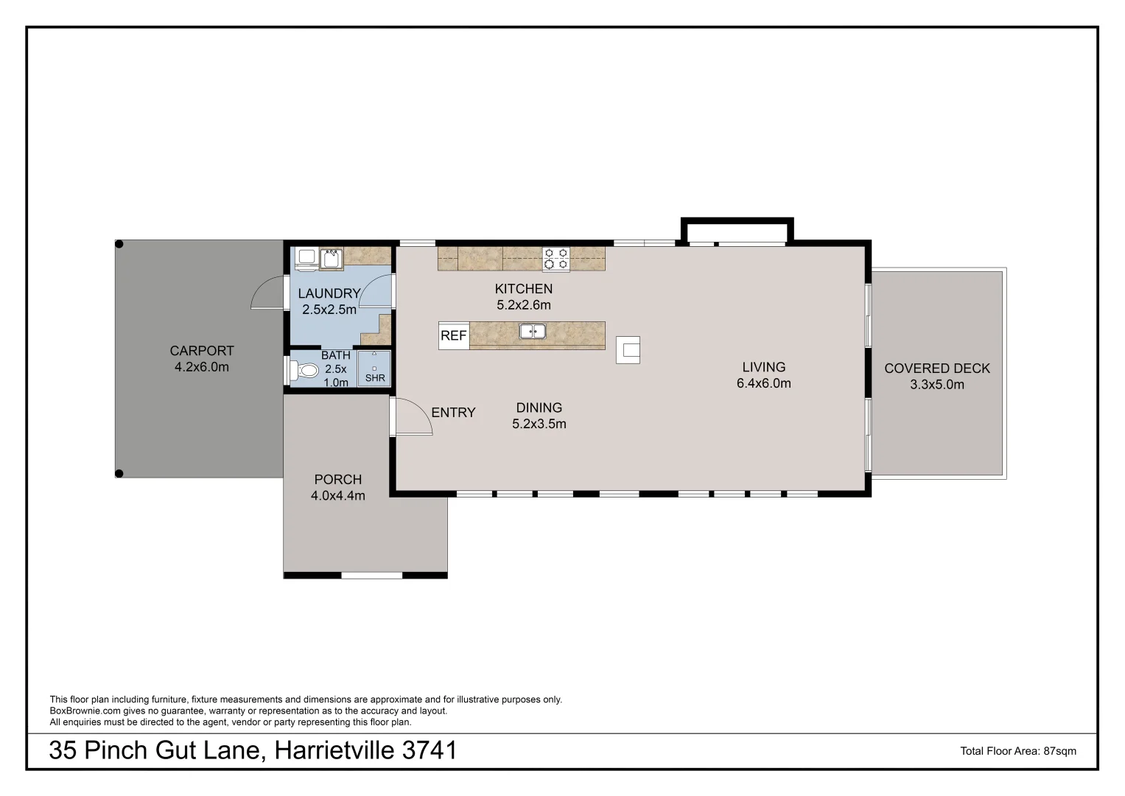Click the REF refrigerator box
(x=454, y=335)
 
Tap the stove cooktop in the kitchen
(x=556, y=259)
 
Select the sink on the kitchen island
(x=533, y=332)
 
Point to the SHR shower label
(x=375, y=378)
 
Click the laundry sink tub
(x=331, y=259)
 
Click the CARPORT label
(x=202, y=351)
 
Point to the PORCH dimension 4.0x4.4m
(x=337, y=496)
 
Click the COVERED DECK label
(x=936, y=369)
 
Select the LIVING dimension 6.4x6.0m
(x=763, y=383)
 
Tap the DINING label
(x=539, y=408)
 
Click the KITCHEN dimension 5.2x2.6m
(x=523, y=305)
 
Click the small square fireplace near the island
(x=628, y=350)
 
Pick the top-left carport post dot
(x=119, y=244)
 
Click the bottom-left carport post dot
(x=119, y=473)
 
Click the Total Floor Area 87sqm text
(x=1017, y=751)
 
